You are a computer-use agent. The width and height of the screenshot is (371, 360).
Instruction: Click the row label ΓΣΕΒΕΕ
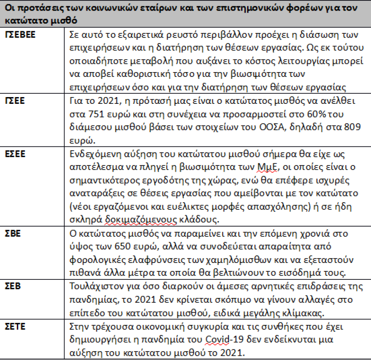(21, 35)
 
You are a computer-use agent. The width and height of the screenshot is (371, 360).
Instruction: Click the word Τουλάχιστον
(94, 286)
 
